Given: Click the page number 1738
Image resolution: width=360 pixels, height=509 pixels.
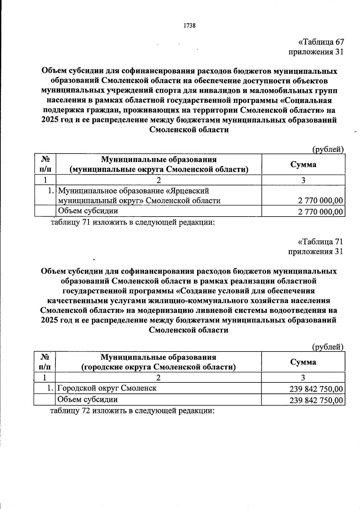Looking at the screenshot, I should tap(189, 25).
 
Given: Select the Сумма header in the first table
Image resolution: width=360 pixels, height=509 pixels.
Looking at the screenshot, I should tap(303, 164).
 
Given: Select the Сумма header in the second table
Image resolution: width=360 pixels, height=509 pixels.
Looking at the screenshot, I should tap(303, 362).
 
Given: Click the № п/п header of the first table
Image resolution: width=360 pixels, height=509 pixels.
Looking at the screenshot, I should tap(45, 164).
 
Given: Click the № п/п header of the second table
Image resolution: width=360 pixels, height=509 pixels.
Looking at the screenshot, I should tap(45, 362).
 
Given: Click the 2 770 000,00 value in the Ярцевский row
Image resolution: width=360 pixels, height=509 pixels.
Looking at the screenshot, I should tap(320, 201).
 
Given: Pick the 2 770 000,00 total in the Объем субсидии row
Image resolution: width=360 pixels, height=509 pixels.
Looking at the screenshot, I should tap(320, 212).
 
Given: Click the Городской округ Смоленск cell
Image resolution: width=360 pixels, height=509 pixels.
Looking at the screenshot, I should tap(107, 388).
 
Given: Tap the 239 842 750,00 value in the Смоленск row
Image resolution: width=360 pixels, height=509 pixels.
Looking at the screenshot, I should tap(316, 389).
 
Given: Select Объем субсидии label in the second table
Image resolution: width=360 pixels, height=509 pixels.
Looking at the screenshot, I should tap(88, 400).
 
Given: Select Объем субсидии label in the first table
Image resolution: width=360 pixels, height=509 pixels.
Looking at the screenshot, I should tap(88, 211).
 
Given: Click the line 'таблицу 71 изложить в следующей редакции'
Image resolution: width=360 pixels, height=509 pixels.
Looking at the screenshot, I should tap(133, 223).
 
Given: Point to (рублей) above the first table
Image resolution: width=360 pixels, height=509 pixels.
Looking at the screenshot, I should tap(328, 149).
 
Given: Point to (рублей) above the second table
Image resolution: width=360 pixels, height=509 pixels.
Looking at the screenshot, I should tap(328, 347).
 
